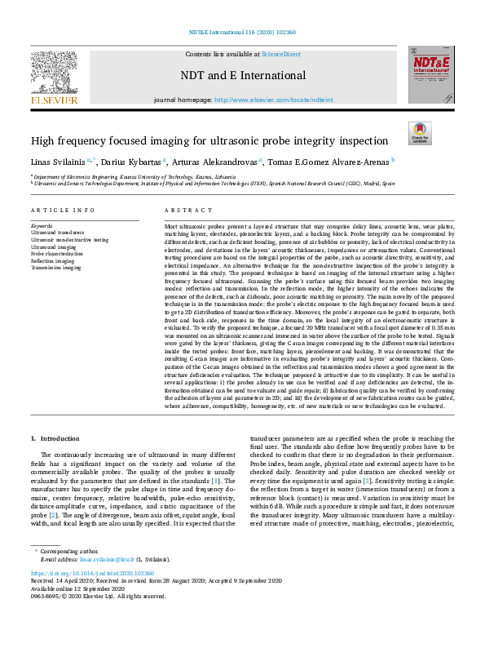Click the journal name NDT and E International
coord(242,76)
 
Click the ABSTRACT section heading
coord(183,210)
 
